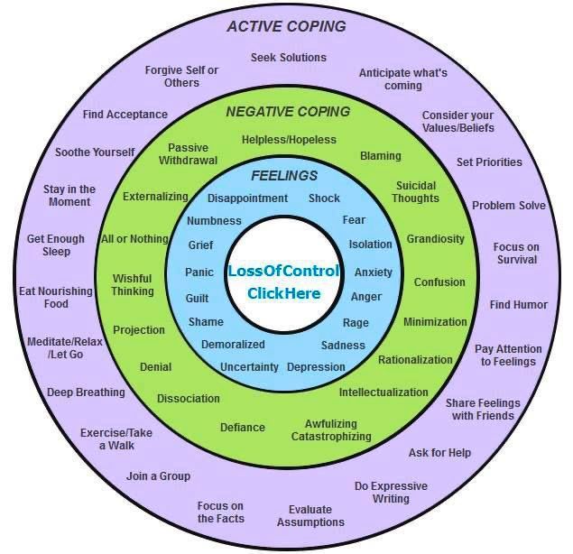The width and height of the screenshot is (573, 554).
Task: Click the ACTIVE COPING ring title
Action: [x=286, y=26]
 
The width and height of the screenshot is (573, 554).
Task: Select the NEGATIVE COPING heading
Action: [x=288, y=112]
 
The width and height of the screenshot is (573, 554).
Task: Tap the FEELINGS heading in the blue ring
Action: [x=284, y=176]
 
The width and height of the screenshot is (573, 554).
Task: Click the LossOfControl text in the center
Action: [x=283, y=271]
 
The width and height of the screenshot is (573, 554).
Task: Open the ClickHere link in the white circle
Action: [x=283, y=293]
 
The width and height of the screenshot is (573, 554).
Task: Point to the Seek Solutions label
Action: [x=289, y=58]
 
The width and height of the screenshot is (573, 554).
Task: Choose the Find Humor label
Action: [x=519, y=304]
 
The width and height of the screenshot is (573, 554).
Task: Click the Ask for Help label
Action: [x=439, y=452]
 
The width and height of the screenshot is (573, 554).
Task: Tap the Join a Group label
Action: [x=158, y=476]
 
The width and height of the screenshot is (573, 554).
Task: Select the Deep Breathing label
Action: [x=86, y=392]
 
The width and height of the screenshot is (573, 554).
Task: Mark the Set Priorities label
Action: [x=489, y=162]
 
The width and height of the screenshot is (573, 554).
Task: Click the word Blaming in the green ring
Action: [x=381, y=156]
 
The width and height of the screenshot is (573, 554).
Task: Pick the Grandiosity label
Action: [x=436, y=239]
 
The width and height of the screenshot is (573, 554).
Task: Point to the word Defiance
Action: [x=243, y=428]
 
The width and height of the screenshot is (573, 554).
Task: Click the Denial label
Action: [x=156, y=367]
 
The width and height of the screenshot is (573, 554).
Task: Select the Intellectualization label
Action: [x=384, y=392]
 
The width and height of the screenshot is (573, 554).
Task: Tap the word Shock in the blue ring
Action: [x=324, y=199]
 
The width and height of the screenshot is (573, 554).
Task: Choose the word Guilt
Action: [x=197, y=298]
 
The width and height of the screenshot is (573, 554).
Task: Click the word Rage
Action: [x=356, y=323]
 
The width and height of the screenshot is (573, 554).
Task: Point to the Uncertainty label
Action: [x=249, y=367]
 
